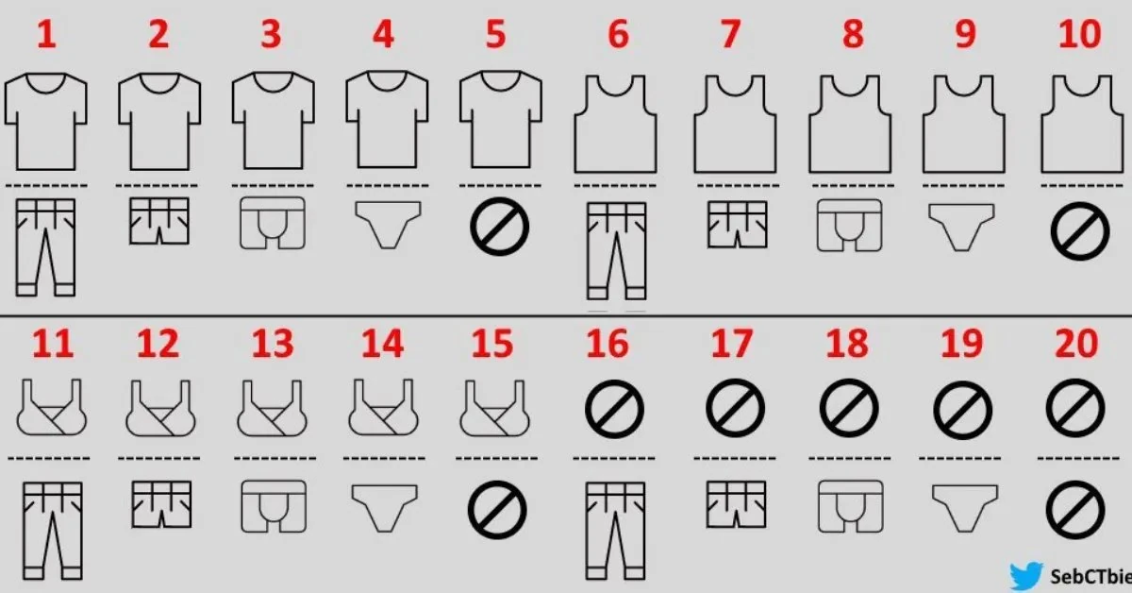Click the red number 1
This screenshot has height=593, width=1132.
click(46, 35)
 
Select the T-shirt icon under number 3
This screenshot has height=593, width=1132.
click(273, 123)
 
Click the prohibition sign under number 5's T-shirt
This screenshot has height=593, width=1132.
click(499, 227)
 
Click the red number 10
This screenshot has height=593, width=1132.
click(1079, 35)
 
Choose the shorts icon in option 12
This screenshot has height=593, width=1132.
click(160, 504)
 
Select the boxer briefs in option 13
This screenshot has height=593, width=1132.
click(274, 506)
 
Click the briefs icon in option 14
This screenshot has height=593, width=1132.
click(385, 506)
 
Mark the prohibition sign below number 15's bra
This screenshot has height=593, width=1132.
click(496, 510)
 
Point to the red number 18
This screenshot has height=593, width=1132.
click(846, 345)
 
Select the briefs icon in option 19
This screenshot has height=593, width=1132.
click(964, 506)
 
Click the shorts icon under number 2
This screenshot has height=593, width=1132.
click(158, 223)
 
